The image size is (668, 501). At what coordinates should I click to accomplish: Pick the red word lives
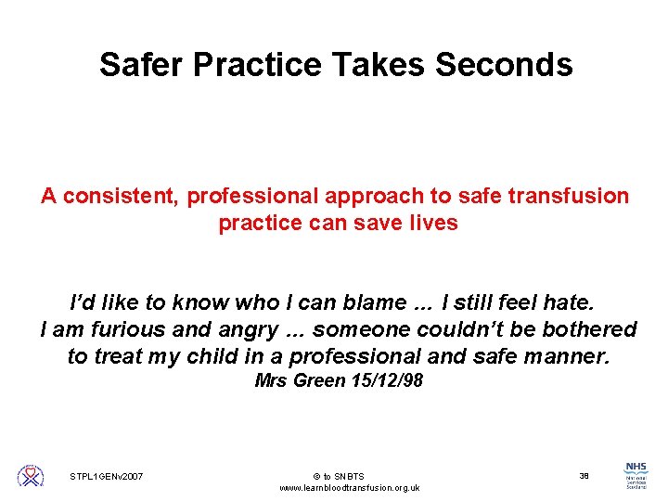coord(433,224)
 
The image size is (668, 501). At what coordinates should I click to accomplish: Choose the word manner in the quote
coord(569,356)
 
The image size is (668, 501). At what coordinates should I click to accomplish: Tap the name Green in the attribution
coord(314,380)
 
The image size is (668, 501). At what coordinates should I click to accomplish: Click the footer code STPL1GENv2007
coord(107,476)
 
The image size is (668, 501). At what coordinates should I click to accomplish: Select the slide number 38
coord(584,475)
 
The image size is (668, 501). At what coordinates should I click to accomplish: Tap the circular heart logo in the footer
coord(31,476)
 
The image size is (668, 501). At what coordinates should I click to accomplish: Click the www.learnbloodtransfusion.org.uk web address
coord(349,488)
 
